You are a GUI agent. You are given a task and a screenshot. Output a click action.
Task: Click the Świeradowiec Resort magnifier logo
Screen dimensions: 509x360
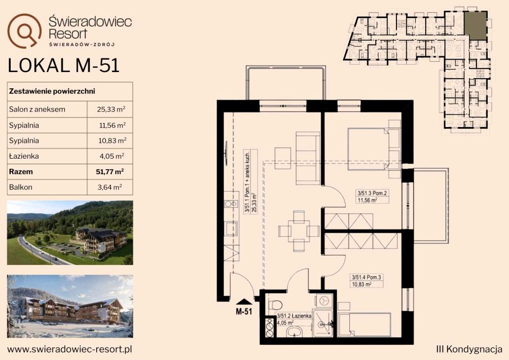pos(24,30)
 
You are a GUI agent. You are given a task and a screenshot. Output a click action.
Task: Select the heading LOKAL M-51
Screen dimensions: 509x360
pos(64,65)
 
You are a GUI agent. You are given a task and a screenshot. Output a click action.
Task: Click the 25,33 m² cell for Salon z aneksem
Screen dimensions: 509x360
pos(111,109)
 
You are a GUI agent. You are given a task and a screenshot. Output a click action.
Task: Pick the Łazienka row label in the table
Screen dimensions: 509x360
pos(24,156)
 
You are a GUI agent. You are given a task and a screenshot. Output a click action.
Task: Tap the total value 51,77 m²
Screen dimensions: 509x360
pos(110,172)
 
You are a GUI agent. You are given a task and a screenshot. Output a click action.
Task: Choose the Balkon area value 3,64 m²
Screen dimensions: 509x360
pos(110,187)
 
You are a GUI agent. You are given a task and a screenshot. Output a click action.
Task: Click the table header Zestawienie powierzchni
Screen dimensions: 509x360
pos(52,91)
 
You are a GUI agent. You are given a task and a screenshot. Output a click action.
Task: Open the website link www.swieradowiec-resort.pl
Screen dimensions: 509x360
pos(70,349)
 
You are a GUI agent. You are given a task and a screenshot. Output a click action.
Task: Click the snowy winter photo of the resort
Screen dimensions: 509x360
pos(70,307)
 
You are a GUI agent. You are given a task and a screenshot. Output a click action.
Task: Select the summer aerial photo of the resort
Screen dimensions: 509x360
pos(70,233)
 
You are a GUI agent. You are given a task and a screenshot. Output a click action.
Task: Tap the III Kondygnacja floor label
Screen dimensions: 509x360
pos(469,349)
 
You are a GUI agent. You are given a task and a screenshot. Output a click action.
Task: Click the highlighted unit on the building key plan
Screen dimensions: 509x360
pos(475,26)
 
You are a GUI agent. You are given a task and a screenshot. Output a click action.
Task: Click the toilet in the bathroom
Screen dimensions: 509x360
pos(275,305)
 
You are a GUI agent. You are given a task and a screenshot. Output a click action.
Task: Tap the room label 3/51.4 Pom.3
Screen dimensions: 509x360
pos(367,277)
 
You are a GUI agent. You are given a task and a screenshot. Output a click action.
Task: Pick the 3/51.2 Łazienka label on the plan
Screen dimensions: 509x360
pos(294,316)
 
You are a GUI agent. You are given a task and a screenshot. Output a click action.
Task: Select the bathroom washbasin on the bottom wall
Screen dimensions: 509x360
pos(294,332)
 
